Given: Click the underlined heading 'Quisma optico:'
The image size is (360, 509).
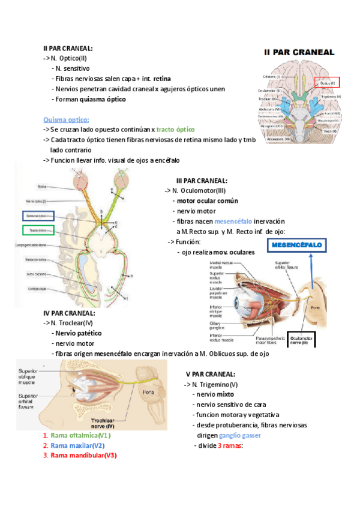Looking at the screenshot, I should [66, 119].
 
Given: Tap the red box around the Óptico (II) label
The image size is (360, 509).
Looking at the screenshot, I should [326, 82].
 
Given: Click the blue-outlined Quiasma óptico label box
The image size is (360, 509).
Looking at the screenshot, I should [38, 215].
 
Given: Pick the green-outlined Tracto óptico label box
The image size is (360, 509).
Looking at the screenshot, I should [38, 230].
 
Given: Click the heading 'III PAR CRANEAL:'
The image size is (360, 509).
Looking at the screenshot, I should [202, 181].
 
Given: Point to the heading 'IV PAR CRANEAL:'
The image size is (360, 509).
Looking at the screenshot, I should [68, 313].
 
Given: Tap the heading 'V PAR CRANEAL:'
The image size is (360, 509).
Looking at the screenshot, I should [210, 374].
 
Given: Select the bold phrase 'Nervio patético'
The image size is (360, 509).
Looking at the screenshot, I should [77, 333].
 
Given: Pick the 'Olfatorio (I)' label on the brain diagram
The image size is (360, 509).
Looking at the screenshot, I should [271, 77].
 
